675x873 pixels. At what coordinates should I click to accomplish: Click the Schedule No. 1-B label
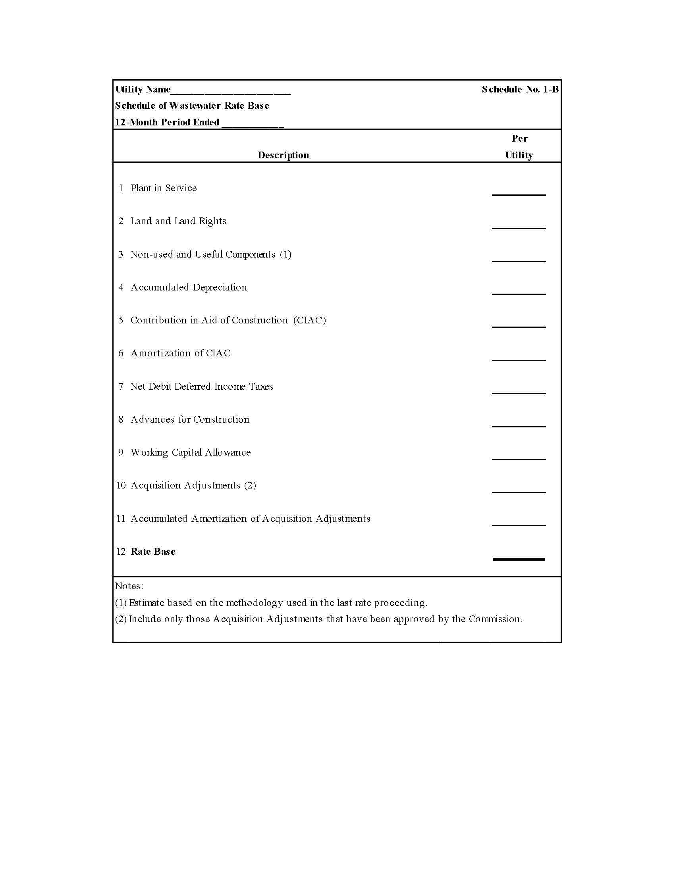tap(520, 89)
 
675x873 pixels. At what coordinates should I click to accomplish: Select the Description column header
tap(283, 155)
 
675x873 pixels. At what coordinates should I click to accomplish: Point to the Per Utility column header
tap(519, 147)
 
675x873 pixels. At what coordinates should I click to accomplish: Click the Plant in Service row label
tap(164, 188)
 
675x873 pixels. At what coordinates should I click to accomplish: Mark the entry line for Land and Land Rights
tap(519, 227)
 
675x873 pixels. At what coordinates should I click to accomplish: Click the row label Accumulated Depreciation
tap(189, 287)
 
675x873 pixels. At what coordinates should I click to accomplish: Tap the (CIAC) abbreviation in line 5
tap(310, 320)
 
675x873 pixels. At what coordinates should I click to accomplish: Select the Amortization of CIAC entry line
tap(519, 360)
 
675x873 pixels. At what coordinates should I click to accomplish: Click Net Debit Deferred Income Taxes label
tap(202, 386)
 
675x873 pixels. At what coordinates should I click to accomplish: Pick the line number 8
tap(121, 419)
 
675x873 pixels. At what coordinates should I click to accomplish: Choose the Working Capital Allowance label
tap(191, 452)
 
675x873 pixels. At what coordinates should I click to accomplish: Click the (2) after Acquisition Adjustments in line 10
tap(250, 485)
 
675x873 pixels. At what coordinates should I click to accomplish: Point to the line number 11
tap(121, 519)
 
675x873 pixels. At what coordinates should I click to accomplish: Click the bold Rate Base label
tap(153, 552)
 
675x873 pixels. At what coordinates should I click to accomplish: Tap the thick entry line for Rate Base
tap(519, 559)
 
